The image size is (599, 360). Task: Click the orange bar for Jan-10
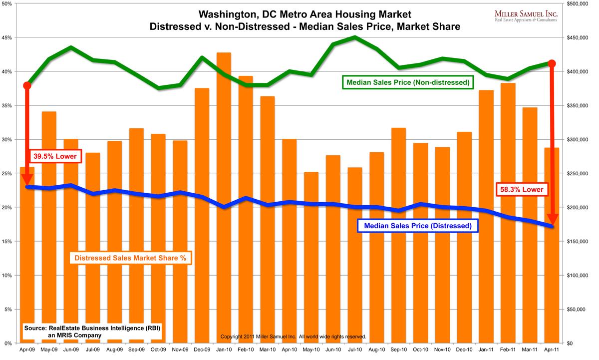224,200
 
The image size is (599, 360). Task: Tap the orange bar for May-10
311,260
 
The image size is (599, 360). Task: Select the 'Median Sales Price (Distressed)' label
417,226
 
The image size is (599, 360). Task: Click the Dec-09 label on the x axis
202,351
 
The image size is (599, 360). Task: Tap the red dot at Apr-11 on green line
552,63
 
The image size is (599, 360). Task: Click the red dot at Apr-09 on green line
27,85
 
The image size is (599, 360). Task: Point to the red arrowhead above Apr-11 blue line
552,219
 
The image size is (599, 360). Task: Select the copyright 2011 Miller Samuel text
293,337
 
